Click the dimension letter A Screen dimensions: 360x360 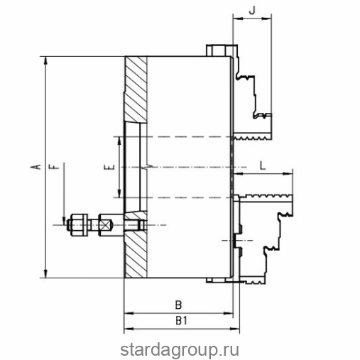pos(36,167)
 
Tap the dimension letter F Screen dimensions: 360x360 pos(54,167)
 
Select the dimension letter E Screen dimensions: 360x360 pos(110,168)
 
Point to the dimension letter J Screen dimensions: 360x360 pos(252,10)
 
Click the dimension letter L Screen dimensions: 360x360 pos(263,165)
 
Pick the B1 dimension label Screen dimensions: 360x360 pos(182,321)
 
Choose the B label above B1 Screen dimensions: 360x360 pos(178,305)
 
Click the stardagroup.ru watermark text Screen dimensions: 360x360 pos(180,350)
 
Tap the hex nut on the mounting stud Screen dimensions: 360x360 pos(78,225)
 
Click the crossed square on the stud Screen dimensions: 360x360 pos(105,225)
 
